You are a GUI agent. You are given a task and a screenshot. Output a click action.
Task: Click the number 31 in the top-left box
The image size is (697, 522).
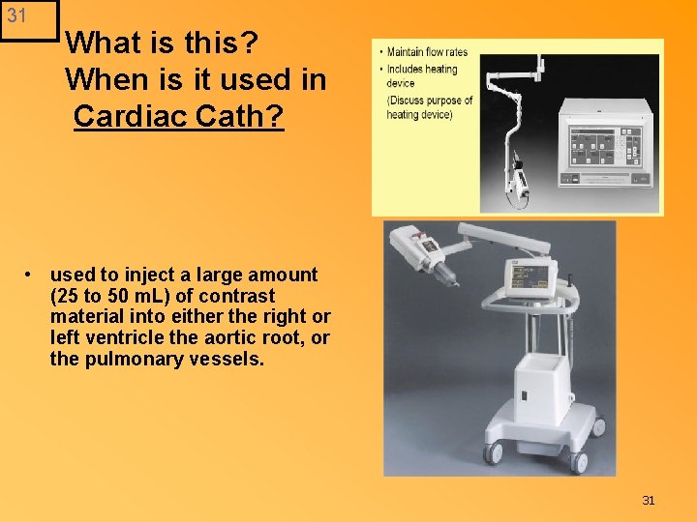point(16,15)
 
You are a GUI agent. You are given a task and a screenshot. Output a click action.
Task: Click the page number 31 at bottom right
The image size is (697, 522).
point(649,500)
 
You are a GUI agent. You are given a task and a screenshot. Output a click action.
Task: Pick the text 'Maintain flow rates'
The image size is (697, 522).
point(427,52)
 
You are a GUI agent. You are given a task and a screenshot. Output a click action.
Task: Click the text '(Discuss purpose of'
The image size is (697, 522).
point(430,100)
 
